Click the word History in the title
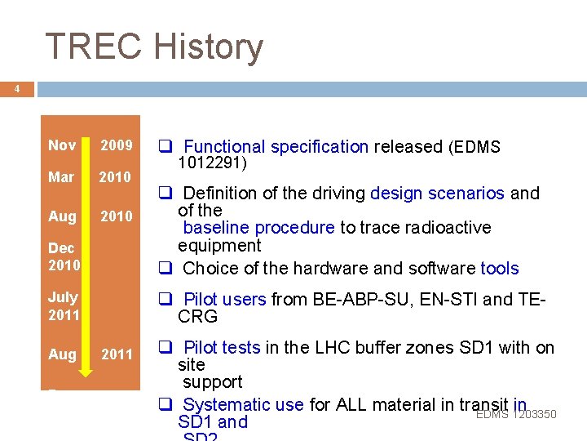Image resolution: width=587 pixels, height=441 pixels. click(210, 47)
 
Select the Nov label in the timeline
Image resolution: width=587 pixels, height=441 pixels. click(62, 145)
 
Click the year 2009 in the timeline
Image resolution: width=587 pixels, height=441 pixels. click(116, 145)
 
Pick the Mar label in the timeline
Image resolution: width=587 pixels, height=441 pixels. click(61, 177)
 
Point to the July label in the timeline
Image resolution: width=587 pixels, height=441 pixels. click(63, 297)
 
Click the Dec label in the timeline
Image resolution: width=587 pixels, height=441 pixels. click(61, 248)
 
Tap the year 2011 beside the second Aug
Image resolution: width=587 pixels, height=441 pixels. click(116, 354)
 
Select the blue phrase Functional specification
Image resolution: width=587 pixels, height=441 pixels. click(276, 147)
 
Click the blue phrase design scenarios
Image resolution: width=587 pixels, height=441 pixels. click(437, 194)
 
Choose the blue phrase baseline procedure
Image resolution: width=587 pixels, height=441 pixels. click(258, 228)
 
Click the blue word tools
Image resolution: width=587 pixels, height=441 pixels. click(499, 269)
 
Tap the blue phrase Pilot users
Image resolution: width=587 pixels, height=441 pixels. click(224, 300)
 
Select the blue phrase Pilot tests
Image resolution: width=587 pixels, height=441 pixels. click(221, 348)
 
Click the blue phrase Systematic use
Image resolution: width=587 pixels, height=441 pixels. click(242, 405)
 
